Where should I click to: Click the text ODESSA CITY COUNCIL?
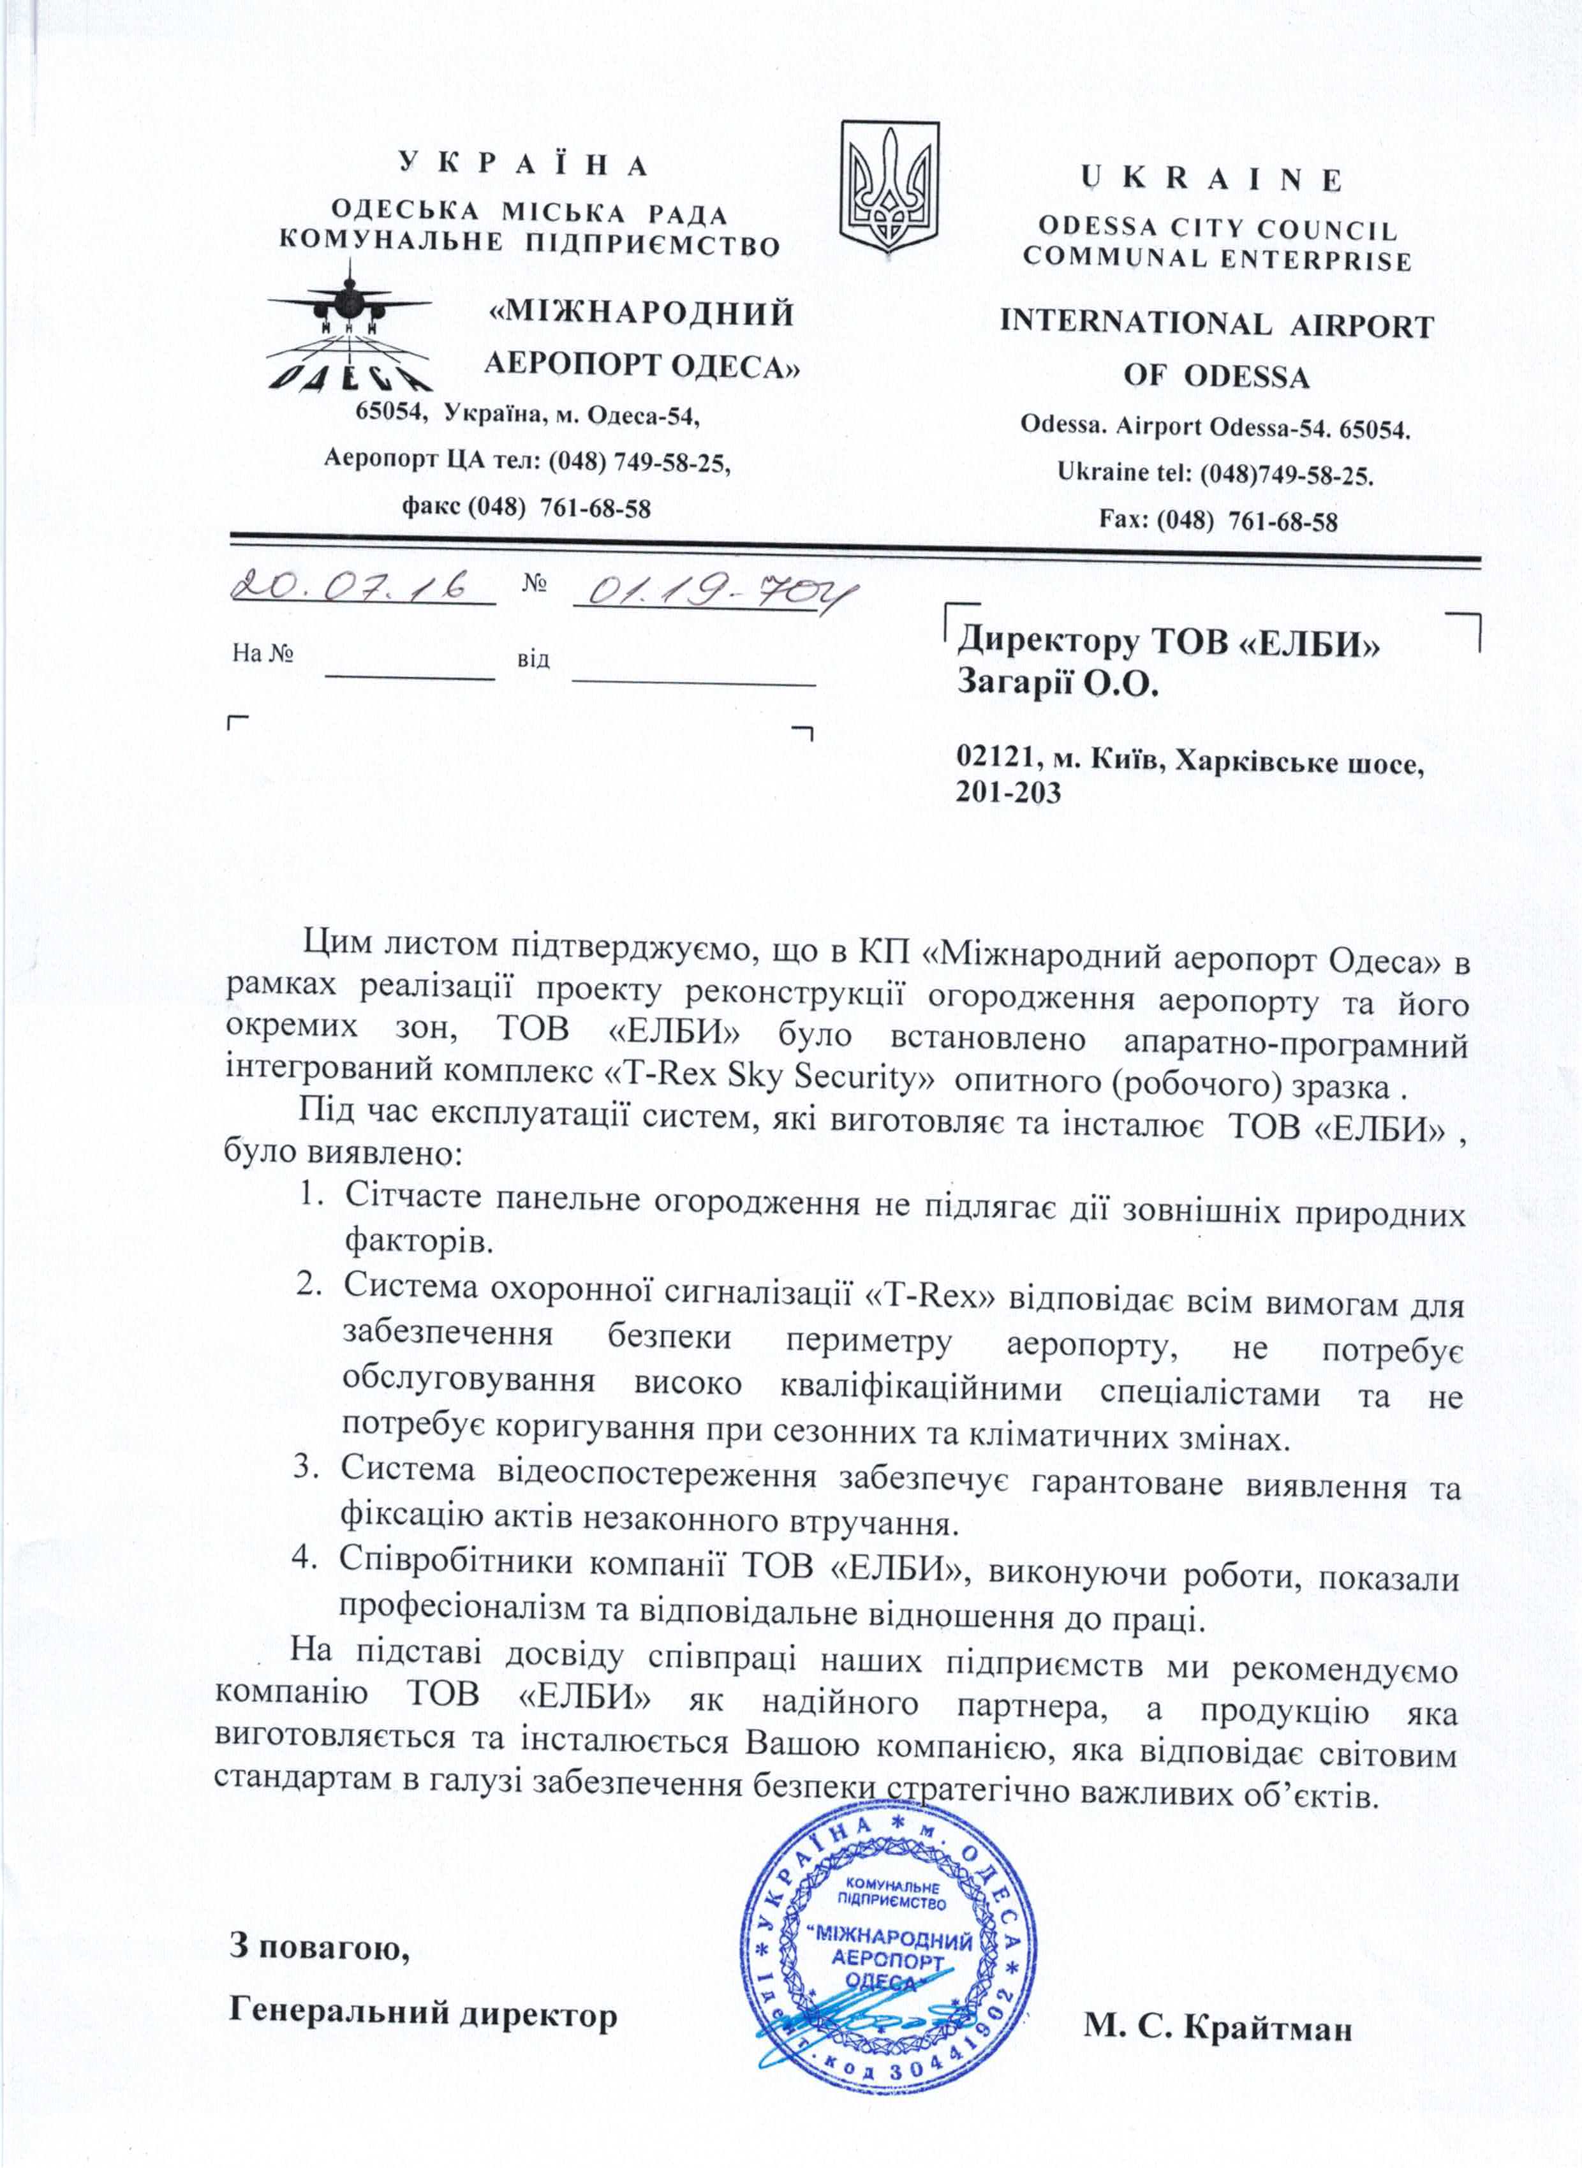[1217, 229]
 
